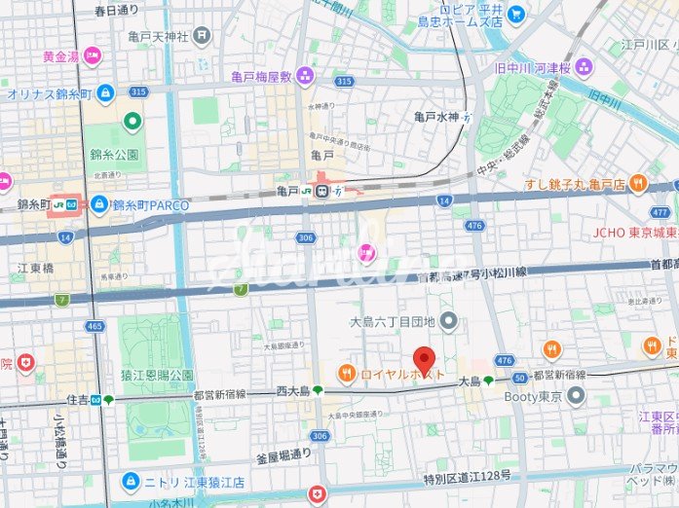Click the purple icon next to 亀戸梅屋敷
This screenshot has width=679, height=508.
pyautogui.click(x=305, y=75)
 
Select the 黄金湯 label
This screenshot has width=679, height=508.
pyautogui.click(x=59, y=55)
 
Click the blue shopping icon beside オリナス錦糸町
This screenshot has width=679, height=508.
pyautogui.click(x=106, y=94)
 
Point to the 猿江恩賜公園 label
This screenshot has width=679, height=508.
pyautogui.click(x=155, y=375)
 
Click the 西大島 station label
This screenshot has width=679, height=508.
pyautogui.click(x=292, y=391)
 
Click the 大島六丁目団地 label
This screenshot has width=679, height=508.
pyautogui.click(x=394, y=320)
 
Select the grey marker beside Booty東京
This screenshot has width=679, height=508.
pyautogui.click(x=576, y=396)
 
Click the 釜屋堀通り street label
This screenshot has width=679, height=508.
pyautogui.click(x=283, y=454)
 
